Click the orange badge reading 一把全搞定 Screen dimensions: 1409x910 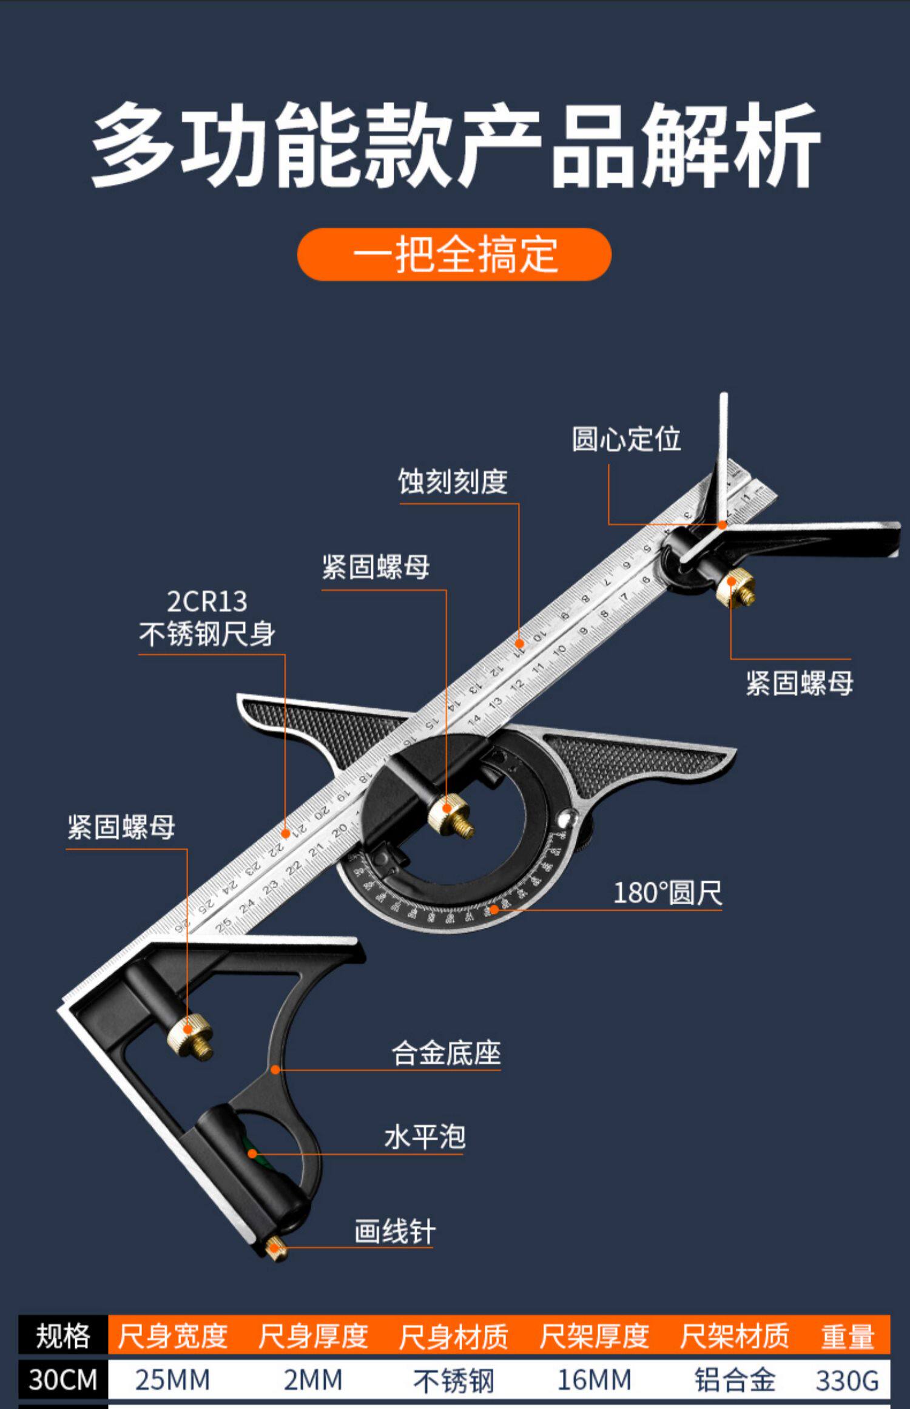(454, 254)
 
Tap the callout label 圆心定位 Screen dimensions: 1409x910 (626, 439)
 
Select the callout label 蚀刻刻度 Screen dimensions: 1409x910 (453, 482)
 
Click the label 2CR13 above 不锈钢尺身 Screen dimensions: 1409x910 (207, 601)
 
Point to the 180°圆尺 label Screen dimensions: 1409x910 (667, 893)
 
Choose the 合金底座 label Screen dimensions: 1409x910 (446, 1053)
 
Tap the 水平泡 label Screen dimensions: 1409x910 (425, 1137)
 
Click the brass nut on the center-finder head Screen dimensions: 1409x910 (735, 587)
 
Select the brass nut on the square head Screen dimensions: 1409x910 (189, 1034)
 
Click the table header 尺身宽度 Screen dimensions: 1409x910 (172, 1336)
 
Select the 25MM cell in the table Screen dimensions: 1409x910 (172, 1380)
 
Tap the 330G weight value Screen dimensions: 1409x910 (847, 1380)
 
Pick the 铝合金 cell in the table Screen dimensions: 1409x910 (735, 1380)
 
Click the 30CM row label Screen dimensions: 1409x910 (63, 1380)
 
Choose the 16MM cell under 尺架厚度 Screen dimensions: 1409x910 (594, 1380)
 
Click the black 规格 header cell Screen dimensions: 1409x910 (63, 1336)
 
